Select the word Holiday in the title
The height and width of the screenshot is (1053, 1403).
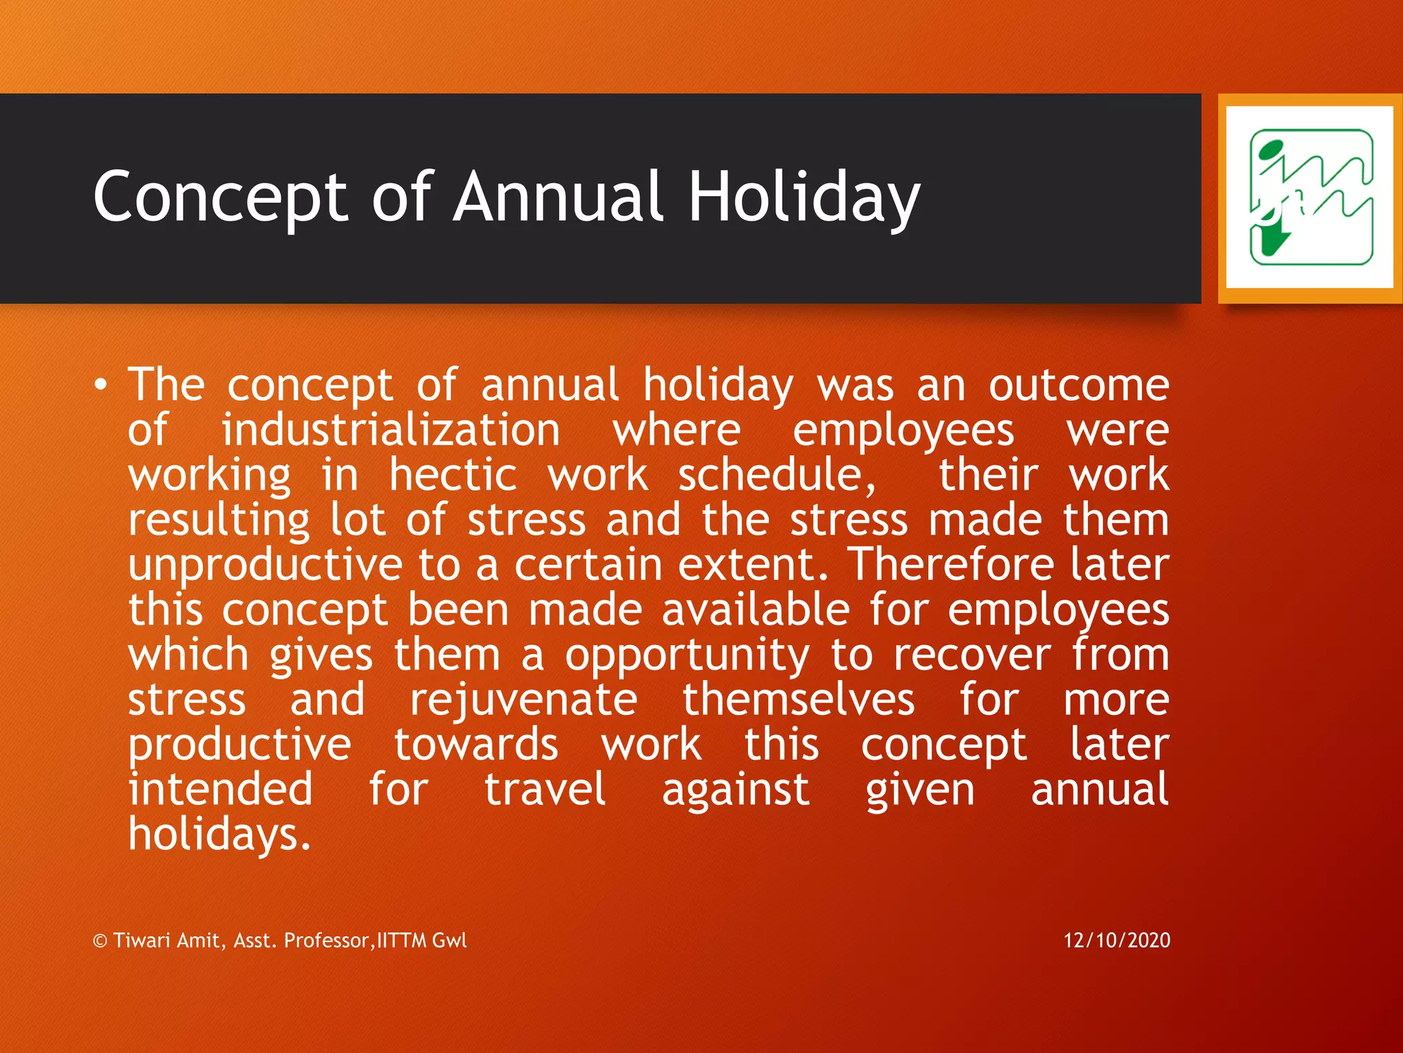(804, 197)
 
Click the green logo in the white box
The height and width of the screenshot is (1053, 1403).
(1311, 197)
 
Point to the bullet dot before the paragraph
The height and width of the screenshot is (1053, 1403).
(101, 385)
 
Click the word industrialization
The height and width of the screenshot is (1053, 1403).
(390, 431)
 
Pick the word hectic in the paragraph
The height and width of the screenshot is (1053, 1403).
(453, 475)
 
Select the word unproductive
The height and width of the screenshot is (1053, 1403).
(265, 566)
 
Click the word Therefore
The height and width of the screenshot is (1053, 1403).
(952, 564)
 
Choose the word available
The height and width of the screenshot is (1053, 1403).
(756, 609)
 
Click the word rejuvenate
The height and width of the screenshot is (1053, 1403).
(523, 700)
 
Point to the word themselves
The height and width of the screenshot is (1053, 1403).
(798, 700)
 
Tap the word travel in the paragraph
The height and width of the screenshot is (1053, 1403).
(545, 789)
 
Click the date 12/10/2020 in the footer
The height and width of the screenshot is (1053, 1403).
(1117, 940)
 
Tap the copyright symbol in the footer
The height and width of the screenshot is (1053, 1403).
(100, 941)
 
